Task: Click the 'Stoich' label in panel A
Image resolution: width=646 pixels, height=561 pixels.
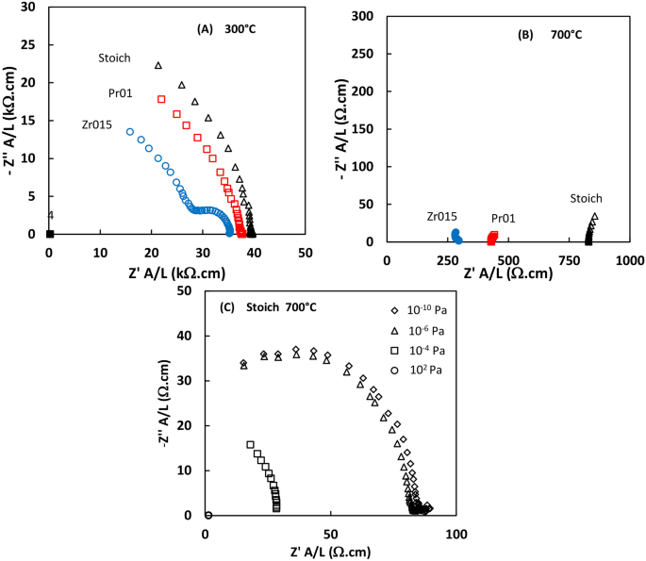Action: [114, 58]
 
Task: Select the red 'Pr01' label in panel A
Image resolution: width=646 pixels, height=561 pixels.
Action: [119, 92]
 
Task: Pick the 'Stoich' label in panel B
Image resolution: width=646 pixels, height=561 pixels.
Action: [586, 198]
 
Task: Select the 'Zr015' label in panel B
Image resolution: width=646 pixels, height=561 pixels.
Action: [442, 217]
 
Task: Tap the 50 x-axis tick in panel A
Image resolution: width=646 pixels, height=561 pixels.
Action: [305, 254]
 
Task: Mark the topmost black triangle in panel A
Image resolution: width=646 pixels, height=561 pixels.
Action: [158, 65]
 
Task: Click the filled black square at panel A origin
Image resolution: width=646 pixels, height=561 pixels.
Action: [50, 234]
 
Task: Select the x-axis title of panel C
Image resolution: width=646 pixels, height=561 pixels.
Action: [331, 552]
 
